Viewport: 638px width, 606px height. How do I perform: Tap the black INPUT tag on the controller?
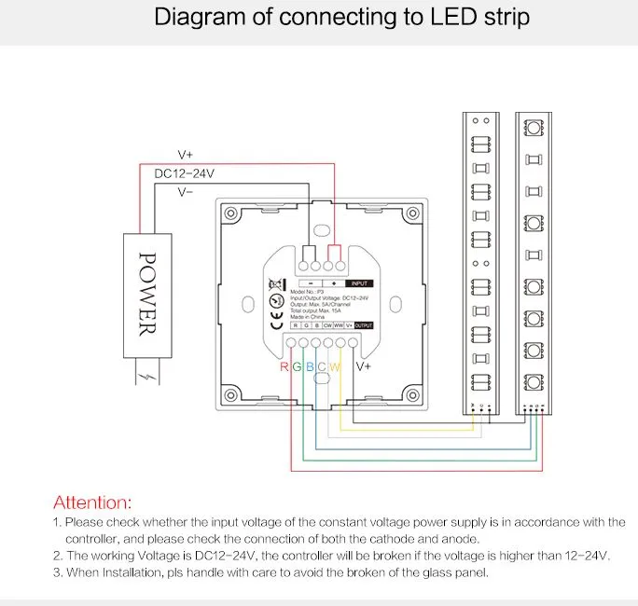click(x=361, y=282)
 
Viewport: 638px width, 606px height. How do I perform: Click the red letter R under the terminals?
click(x=284, y=366)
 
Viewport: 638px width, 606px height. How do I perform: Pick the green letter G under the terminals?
click(x=297, y=366)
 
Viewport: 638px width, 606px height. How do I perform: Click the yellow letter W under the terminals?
click(x=335, y=366)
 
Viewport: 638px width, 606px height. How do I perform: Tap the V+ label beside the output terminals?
click(x=362, y=367)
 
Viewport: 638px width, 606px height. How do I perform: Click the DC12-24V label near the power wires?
click(x=185, y=173)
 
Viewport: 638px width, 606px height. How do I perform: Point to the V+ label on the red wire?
click(x=187, y=154)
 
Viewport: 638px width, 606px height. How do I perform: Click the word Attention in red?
click(x=92, y=503)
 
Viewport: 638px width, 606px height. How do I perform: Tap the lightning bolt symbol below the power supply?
click(x=147, y=378)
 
